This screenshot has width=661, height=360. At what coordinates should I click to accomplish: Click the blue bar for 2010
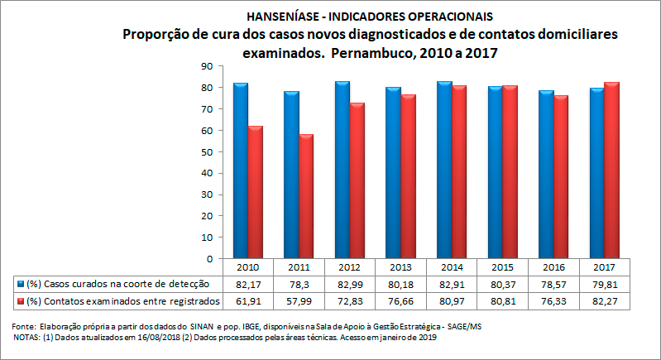241,170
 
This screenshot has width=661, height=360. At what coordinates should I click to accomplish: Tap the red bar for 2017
611,170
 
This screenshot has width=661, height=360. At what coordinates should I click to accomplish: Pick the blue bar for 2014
443,170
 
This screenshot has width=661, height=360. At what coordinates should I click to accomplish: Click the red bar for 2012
357,180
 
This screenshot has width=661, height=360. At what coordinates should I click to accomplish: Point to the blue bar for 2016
545,175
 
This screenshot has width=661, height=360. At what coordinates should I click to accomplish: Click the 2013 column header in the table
400,268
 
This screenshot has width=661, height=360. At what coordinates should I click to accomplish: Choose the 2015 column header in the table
502,268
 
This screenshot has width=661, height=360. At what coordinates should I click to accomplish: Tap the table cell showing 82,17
249,284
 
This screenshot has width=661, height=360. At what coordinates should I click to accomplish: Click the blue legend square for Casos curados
20,284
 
